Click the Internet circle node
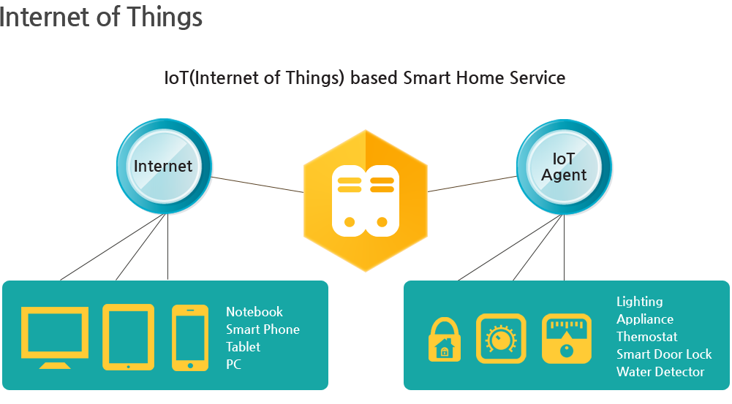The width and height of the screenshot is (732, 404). [164, 167]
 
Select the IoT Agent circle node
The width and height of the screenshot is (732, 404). [564, 167]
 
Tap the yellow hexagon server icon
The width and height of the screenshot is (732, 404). [366, 201]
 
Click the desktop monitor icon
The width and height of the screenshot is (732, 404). [55, 338]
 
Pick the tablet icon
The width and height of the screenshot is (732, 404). [129, 338]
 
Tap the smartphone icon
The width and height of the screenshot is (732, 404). [190, 338]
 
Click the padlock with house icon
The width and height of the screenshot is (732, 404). [445, 339]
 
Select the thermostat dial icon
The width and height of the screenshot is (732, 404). [501, 339]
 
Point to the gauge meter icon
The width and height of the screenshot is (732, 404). [567, 339]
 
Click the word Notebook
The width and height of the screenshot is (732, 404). [254, 312]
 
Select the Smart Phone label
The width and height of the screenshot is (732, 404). [263, 329]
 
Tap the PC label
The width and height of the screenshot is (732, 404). [233, 365]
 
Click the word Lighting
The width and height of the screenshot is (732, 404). [640, 302]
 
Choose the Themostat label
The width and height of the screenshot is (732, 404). [646, 336]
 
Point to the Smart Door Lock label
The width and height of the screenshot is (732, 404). [664, 354]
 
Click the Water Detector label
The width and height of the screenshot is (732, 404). [660, 372]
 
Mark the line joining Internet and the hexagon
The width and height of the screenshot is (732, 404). [257, 184]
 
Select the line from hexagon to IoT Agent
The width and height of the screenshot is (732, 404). [472, 184]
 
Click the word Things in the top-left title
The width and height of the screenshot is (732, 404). [165, 18]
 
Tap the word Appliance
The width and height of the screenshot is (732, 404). [645, 319]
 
